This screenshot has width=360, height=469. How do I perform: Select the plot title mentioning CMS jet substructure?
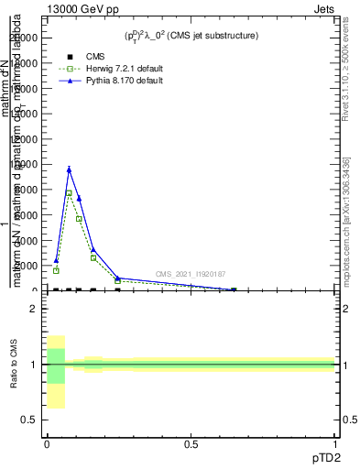(191, 36)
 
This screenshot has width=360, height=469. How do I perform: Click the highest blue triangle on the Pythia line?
(69, 169)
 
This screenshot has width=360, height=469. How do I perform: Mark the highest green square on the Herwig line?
(69, 193)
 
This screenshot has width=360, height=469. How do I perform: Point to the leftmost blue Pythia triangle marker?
(56, 260)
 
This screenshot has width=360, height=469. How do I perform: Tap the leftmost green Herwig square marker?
(56, 271)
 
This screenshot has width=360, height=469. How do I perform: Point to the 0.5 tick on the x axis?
(191, 444)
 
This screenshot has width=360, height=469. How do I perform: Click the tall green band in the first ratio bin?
(56, 365)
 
